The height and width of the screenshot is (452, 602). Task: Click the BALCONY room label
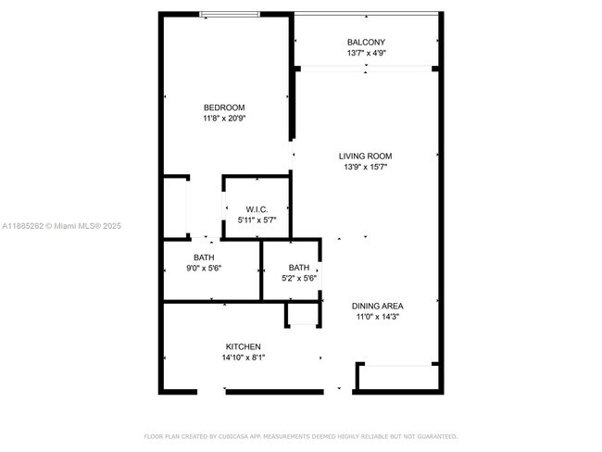pyautogui.click(x=366, y=43)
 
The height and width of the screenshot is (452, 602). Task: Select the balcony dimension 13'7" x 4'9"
pyautogui.click(x=366, y=54)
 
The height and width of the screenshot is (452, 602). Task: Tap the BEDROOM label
pyautogui.click(x=224, y=107)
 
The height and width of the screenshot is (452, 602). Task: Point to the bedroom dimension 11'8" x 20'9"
pyautogui.click(x=224, y=119)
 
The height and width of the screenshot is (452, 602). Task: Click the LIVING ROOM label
pyautogui.click(x=366, y=156)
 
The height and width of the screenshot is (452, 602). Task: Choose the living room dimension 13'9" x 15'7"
pyautogui.click(x=366, y=168)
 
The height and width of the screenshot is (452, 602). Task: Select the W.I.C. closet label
pyautogui.click(x=257, y=208)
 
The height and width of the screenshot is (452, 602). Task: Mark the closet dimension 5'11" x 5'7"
pyautogui.click(x=257, y=220)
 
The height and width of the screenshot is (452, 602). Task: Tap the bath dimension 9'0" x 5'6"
pyautogui.click(x=205, y=269)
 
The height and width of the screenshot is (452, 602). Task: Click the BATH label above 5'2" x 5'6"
pyautogui.click(x=299, y=267)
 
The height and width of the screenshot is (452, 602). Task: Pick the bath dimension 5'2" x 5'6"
pyautogui.click(x=299, y=278)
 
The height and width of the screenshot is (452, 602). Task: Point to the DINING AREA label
pyautogui.click(x=377, y=305)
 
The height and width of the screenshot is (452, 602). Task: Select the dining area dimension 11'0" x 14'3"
pyautogui.click(x=377, y=317)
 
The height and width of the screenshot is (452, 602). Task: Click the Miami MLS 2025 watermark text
pyautogui.click(x=61, y=226)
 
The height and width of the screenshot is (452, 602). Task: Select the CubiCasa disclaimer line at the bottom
pyautogui.click(x=301, y=436)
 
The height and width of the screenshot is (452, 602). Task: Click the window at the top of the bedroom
pyautogui.click(x=231, y=14)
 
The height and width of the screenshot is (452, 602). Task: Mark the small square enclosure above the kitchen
pyautogui.click(x=303, y=314)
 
